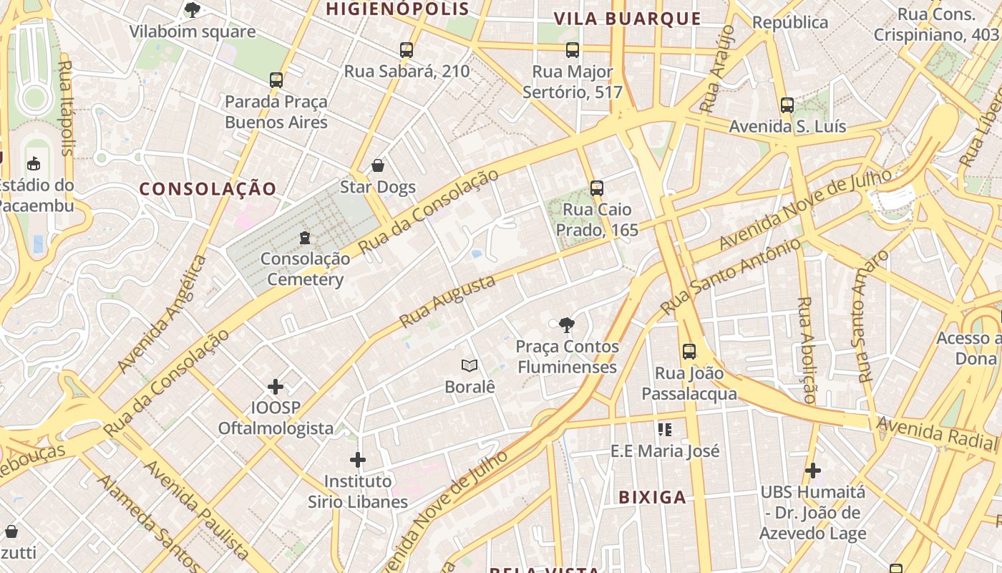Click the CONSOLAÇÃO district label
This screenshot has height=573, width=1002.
208,189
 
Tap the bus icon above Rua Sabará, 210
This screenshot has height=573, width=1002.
407,50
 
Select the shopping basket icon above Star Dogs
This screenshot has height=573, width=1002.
378,166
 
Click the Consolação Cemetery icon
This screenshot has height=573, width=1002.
305,237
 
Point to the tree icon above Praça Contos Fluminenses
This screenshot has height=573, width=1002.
567,325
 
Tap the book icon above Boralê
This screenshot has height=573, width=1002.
470,366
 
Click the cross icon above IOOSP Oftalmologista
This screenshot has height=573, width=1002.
276,387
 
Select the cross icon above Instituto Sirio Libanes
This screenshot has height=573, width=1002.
358,459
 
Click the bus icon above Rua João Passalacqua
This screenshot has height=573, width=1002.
689,352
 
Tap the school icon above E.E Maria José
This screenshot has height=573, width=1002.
665,430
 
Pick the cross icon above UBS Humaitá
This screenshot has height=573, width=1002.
812,471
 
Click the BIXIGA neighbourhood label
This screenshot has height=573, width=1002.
652,497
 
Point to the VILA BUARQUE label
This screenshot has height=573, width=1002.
628,19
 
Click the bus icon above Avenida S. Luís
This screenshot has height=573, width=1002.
787,105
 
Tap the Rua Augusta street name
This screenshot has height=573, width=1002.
448,302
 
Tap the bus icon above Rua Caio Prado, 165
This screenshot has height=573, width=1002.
597,188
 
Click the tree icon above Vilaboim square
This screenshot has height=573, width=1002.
192,10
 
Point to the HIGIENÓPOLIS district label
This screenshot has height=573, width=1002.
397,9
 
